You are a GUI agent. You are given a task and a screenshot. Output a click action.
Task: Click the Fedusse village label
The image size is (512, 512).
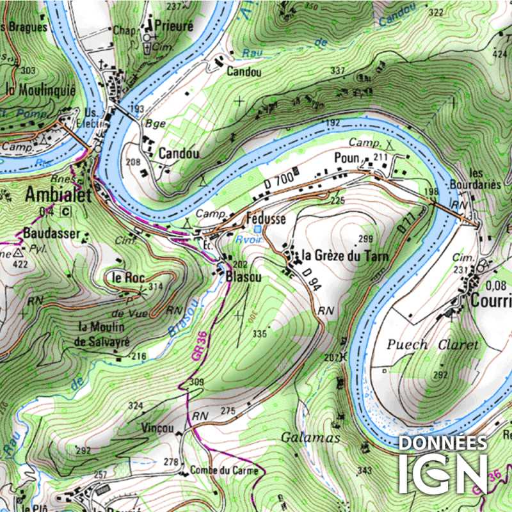click(266, 219)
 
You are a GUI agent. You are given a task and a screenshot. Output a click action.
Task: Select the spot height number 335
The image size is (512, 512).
click(259, 333)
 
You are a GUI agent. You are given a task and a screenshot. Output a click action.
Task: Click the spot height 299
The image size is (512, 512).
click(365, 239)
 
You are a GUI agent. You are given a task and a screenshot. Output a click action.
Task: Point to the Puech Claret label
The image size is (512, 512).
click(432, 344)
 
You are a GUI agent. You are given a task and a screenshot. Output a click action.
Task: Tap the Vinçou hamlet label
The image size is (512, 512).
click(157, 427)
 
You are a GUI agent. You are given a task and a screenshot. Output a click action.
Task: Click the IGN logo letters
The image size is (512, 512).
click(443, 474)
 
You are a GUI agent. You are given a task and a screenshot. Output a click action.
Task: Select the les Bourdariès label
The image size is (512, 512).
click(484, 179)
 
